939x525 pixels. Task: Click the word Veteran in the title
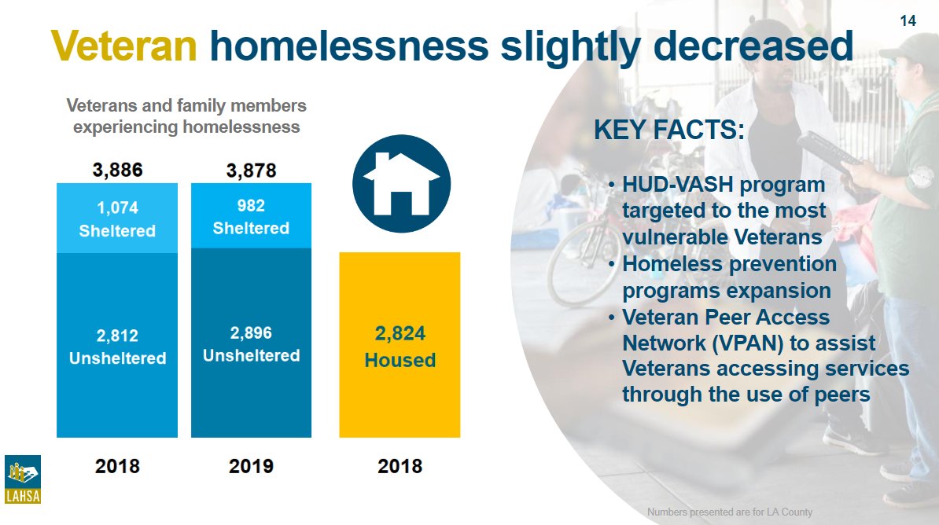tap(124, 46)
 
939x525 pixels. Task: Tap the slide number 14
tap(908, 21)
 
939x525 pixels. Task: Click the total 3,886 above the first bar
tap(117, 170)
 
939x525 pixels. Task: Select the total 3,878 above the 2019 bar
tap(251, 171)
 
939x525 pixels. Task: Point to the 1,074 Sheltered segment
tap(116, 218)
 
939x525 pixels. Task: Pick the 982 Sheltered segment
tap(251, 215)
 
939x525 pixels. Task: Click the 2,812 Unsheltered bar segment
tap(116, 345)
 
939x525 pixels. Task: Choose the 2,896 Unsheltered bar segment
tap(251, 343)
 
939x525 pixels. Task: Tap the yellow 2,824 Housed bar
tap(400, 345)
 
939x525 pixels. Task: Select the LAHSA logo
tap(23, 479)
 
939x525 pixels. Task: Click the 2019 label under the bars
tap(251, 466)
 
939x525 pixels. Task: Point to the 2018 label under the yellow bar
tap(400, 466)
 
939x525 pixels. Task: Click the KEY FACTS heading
tap(669, 130)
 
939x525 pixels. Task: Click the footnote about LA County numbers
tap(729, 512)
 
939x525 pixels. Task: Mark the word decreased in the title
tap(753, 46)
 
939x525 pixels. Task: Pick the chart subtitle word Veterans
tap(101, 105)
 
